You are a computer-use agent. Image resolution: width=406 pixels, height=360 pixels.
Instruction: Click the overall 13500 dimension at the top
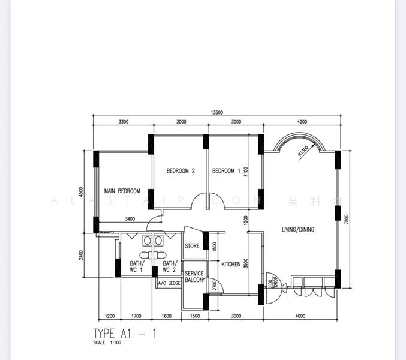coord(216,113)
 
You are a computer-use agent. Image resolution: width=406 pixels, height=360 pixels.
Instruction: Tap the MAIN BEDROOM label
coord(122,191)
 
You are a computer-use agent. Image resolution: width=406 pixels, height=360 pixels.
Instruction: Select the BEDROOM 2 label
coord(181,171)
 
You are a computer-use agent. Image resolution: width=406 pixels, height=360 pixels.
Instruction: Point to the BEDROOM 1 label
coord(226,171)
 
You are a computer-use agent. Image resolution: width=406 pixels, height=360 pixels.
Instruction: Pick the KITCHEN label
coord(231,264)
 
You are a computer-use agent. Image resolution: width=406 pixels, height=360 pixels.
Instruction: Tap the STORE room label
coord(192,246)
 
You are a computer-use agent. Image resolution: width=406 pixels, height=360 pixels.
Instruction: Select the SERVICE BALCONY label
coord(195,277)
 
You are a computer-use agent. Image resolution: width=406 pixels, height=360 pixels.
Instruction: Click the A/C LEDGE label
coord(169,283)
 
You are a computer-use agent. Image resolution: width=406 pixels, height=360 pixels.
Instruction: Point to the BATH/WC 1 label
coord(136,266)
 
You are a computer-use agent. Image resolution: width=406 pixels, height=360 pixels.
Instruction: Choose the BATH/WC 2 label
coord(170,266)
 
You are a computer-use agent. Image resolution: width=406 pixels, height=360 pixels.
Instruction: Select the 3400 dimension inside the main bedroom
coord(130,219)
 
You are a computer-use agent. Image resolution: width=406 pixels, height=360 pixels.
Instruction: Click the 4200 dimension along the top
coord(302,122)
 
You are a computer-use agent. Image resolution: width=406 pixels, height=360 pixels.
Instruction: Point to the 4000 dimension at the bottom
coord(300,316)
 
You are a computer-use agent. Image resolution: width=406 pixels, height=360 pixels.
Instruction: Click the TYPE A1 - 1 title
coord(125,333)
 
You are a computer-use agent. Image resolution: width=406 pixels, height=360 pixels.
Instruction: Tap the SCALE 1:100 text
coord(107,343)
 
